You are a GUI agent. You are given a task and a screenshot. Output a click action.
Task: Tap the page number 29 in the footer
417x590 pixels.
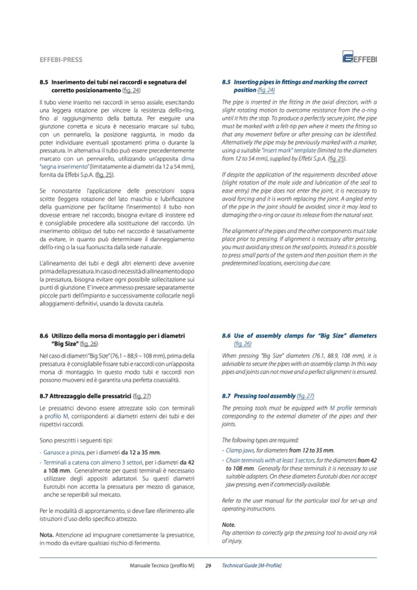(x=208, y=565)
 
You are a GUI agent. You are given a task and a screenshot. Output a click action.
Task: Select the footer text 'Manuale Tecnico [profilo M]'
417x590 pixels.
(x=162, y=565)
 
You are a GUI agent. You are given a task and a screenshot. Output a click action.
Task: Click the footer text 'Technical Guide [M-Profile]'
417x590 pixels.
(x=252, y=565)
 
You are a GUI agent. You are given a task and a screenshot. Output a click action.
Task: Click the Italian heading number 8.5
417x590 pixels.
(x=44, y=82)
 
